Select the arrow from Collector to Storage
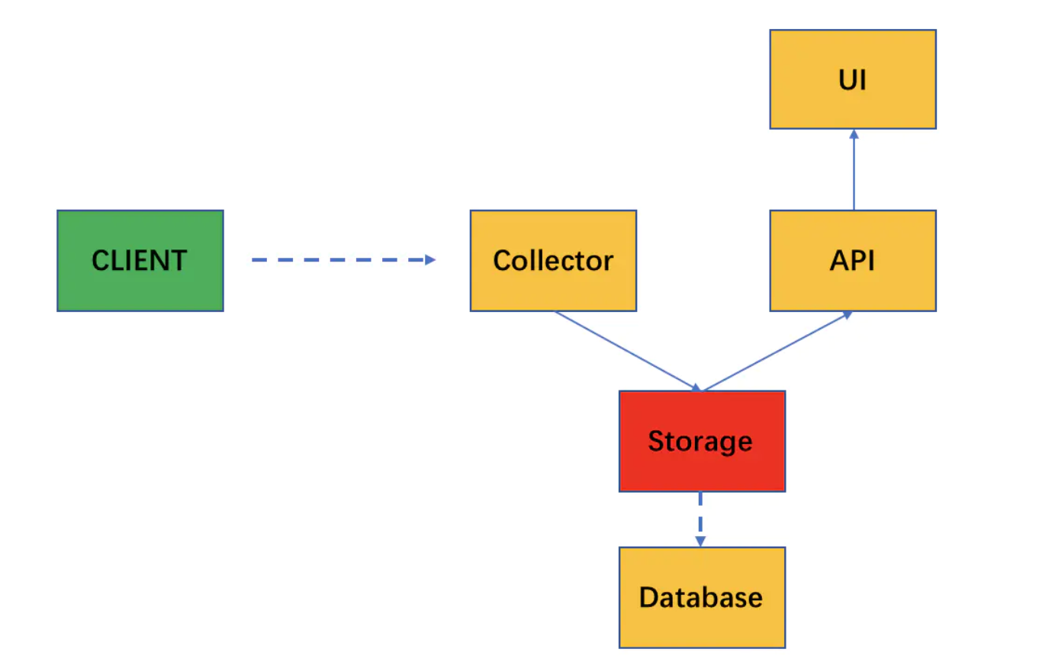click(x=626, y=351)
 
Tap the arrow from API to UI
click(x=854, y=172)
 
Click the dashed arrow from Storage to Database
click(x=700, y=517)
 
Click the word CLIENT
click(x=139, y=261)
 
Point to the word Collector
click(x=553, y=261)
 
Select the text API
click(x=852, y=261)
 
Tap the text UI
click(x=852, y=80)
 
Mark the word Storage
click(x=700, y=442)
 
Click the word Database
click(x=700, y=597)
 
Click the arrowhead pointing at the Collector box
click(x=430, y=260)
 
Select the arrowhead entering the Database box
click(x=700, y=541)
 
